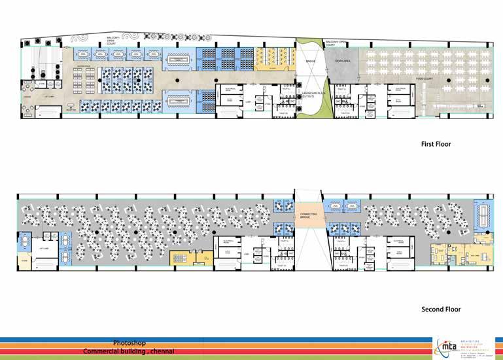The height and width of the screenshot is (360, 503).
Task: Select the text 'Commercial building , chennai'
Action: point(128,351)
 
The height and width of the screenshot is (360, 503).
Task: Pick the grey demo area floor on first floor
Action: point(344,69)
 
